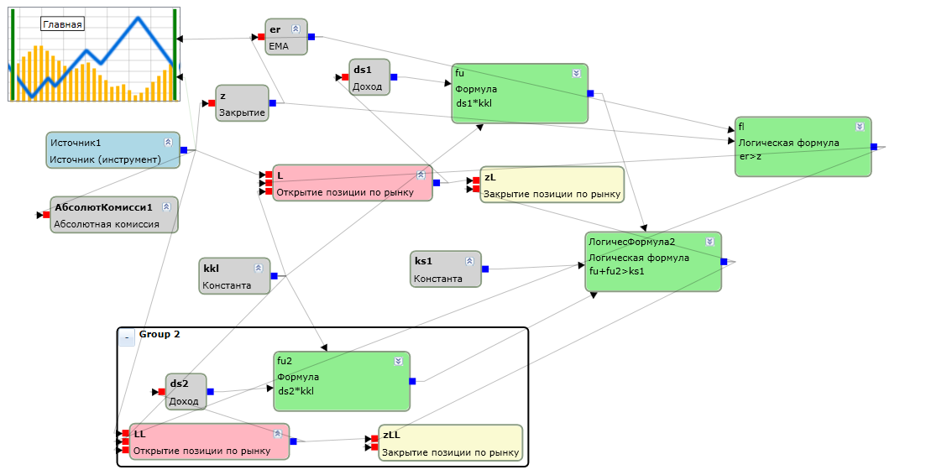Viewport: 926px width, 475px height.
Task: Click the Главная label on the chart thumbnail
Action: [62, 24]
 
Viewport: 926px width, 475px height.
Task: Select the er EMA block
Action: [286, 37]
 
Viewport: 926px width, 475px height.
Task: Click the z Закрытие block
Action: [242, 103]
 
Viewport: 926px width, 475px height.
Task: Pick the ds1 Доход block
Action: [369, 77]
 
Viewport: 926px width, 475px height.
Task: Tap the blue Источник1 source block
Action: [112, 150]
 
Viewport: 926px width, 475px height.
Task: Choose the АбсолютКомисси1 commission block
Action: [114, 215]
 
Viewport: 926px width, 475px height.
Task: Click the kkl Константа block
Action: [234, 275]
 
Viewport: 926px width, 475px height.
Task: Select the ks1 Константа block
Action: [446, 269]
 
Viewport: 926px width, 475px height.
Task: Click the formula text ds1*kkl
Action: [473, 103]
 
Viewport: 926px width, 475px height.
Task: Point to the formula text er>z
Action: [750, 156]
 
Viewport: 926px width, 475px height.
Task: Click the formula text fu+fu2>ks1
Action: [616, 271]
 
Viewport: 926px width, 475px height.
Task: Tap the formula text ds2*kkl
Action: [296, 390]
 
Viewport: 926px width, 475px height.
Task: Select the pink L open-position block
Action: [353, 183]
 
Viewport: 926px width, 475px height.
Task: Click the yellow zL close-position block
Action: [552, 185]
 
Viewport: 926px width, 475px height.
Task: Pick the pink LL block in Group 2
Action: [210, 441]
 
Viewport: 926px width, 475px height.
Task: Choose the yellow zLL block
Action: [451, 442]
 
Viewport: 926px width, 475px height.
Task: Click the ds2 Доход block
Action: [186, 392]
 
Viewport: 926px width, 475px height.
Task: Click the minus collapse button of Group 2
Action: [127, 338]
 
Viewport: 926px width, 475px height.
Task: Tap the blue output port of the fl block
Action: [874, 147]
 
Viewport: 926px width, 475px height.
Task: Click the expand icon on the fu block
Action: [577, 73]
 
